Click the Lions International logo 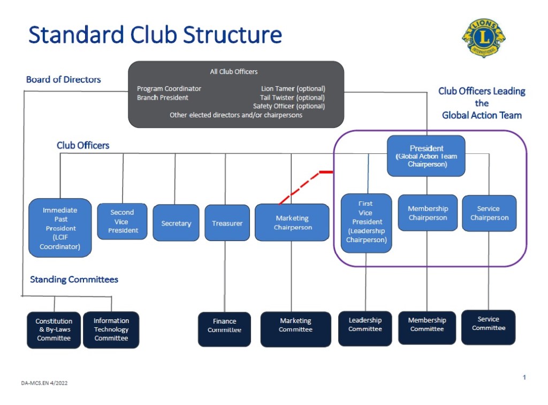pos(484,38)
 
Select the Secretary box pos(176,223)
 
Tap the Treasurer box pos(227,223)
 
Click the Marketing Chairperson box pos(292,222)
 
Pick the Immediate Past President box pos(60,228)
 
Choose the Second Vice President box pos(123,221)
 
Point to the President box pos(427,156)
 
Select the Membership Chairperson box pos(428,213)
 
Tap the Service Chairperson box pos(489,213)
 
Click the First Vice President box pos(367,222)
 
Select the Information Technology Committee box pos(111,329)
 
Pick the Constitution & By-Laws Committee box pos(54,329)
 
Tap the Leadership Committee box pos(365,328)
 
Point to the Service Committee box pos(488,327)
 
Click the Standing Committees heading pos(74,279)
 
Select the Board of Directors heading pos(63,79)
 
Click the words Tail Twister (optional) pos(292,97)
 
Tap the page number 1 pos(524,378)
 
